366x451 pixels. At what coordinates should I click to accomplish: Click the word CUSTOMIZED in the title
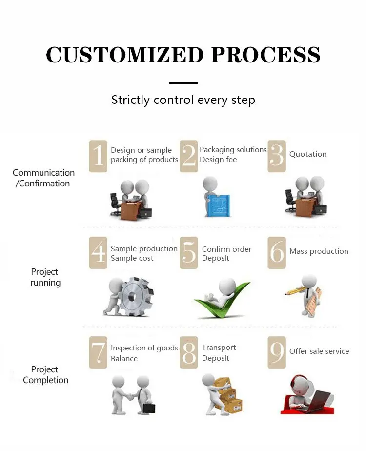(124, 55)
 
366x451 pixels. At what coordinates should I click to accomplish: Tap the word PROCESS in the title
(266, 55)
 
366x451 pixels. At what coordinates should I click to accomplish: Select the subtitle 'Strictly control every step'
(183, 100)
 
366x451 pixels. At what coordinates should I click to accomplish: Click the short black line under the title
(183, 83)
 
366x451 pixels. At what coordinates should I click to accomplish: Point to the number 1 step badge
(98, 156)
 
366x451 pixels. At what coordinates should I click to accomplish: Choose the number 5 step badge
(188, 253)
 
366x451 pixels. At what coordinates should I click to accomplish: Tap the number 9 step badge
(277, 352)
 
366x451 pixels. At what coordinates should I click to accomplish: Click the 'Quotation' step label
(308, 154)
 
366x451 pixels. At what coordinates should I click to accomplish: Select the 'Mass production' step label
(319, 251)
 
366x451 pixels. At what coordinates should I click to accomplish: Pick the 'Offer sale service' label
(319, 351)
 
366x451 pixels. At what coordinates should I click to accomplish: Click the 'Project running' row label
(45, 277)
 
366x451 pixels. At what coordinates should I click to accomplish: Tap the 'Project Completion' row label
(45, 375)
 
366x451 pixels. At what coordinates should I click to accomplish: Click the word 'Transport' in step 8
(219, 348)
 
